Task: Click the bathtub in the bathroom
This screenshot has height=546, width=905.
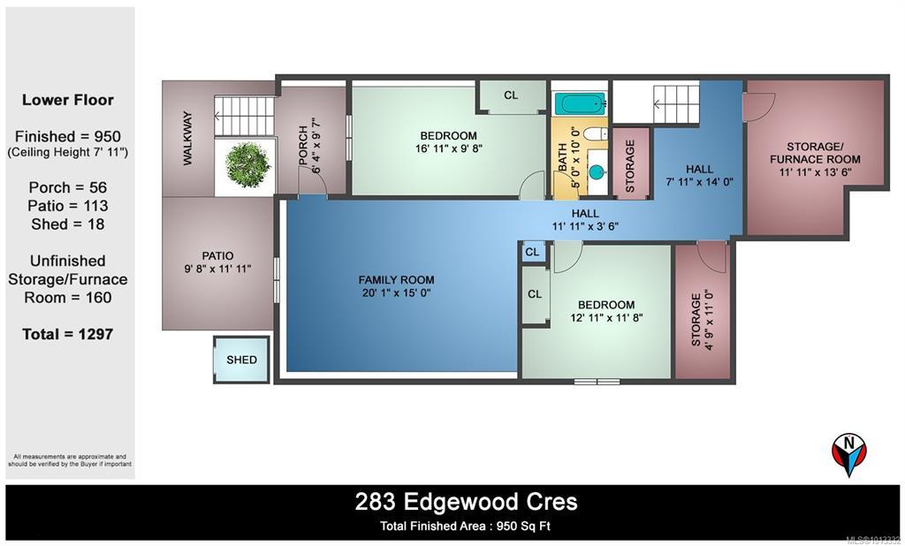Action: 581,104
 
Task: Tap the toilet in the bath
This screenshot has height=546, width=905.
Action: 595,134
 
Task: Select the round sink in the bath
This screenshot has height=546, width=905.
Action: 597,172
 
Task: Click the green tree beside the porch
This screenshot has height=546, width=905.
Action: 247,164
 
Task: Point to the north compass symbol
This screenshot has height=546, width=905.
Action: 849,453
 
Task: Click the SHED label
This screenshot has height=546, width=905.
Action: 241,360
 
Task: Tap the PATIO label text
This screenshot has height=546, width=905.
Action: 217,255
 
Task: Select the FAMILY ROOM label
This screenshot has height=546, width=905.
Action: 396,280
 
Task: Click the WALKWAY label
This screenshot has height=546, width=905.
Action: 187,139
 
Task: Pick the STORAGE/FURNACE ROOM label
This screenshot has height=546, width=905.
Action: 815,153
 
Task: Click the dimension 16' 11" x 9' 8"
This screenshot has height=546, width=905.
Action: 448,148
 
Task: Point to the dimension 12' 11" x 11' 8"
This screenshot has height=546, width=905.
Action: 606,317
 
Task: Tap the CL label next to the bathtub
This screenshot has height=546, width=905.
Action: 511,95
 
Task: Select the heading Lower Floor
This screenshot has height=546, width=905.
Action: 68,100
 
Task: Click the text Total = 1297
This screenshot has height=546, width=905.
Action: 67,334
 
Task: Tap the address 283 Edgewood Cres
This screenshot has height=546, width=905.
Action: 466,502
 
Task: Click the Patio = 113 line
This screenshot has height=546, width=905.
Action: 67,206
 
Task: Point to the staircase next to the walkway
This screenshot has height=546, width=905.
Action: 244,117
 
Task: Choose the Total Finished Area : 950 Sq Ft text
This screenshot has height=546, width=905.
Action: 465,527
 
